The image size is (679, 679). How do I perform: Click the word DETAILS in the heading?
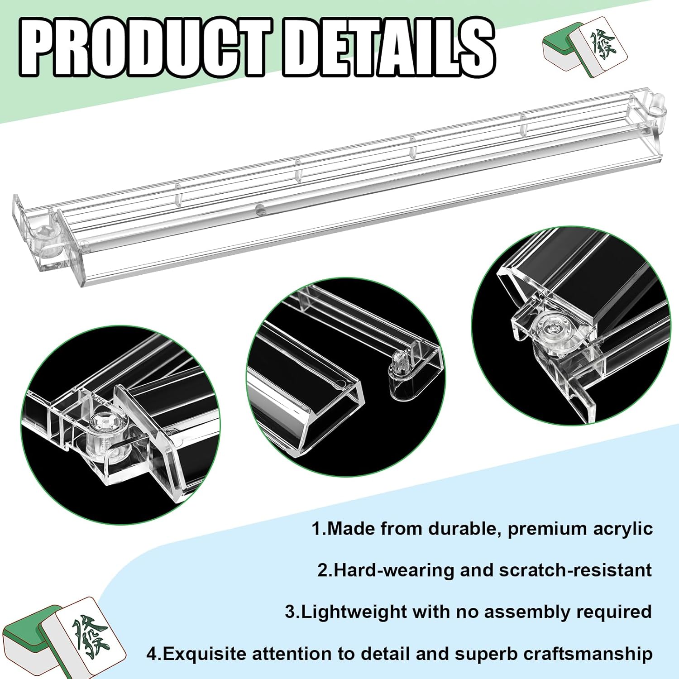coord(388,49)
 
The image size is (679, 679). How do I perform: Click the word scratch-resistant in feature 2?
coord(575,570)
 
